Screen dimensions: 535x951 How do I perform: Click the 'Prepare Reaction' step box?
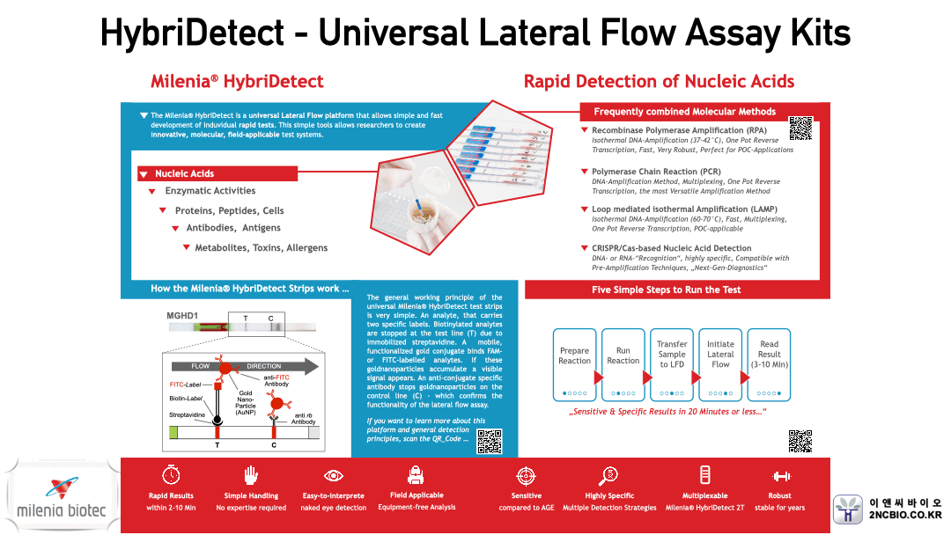click(x=574, y=362)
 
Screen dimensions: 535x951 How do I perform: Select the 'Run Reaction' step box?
click(x=623, y=362)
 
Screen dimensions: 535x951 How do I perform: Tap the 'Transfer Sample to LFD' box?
click(x=672, y=362)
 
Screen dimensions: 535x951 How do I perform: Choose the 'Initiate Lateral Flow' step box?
click(x=720, y=362)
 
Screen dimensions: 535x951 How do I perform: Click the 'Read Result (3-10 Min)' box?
click(x=770, y=362)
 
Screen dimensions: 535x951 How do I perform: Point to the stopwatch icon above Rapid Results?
click(x=171, y=475)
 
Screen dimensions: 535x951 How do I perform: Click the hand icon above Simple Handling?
click(x=251, y=475)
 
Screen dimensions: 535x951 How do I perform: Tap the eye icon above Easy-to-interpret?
click(x=334, y=475)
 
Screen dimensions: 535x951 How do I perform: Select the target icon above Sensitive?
click(x=526, y=475)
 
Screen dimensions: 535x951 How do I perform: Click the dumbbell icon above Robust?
click(x=780, y=475)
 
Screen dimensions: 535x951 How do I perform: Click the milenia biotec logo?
click(x=61, y=498)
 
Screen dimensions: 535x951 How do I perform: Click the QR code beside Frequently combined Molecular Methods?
click(x=800, y=128)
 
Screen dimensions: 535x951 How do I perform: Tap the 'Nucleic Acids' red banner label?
click(x=184, y=173)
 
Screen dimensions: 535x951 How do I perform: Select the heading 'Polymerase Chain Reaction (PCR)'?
click(x=656, y=172)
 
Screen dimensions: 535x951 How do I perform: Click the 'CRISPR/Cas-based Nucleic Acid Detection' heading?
click(x=671, y=248)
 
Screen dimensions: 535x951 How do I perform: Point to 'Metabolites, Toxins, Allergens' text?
click(x=261, y=248)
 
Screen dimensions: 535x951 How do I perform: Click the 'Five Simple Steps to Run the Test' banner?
click(x=677, y=289)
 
